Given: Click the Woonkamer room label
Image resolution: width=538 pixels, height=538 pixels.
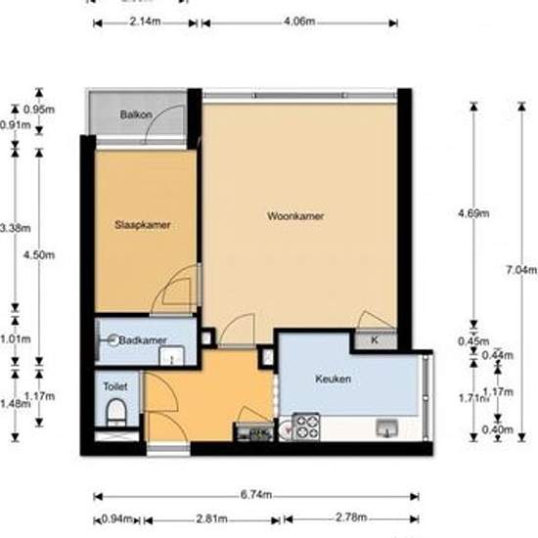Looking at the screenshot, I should pyautogui.click(x=295, y=216).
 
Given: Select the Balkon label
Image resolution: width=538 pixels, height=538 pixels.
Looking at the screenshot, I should pyautogui.click(x=135, y=114).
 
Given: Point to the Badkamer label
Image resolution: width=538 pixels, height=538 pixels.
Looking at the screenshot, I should pyautogui.click(x=143, y=340).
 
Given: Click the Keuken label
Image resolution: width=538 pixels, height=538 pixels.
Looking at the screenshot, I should pyautogui.click(x=333, y=379).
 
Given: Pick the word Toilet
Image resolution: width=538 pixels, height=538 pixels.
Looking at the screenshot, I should pyautogui.click(x=115, y=386).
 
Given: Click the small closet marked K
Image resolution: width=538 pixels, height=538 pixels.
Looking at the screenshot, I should pyautogui.click(x=376, y=340).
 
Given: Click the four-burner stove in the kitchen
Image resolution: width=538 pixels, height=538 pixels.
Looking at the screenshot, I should pyautogui.click(x=306, y=426).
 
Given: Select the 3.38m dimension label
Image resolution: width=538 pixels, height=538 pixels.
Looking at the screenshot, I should pyautogui.click(x=14, y=228).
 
